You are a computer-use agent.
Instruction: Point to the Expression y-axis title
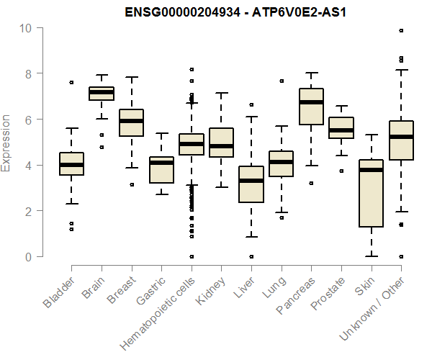6,143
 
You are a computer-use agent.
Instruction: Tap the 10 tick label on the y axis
27,28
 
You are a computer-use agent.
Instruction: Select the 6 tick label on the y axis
27,120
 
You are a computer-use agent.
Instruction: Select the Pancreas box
311,107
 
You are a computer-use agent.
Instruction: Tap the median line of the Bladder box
72,165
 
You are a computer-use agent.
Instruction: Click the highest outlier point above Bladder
72,83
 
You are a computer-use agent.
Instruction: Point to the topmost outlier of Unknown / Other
401,31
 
